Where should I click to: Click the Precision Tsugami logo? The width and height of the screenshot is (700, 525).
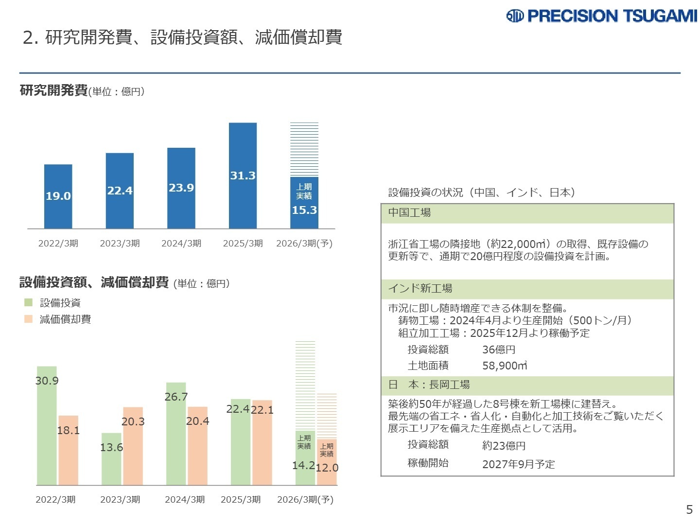pyautogui.click(x=601, y=16)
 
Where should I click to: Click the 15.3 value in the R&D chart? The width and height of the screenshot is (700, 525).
pyautogui.click(x=304, y=210)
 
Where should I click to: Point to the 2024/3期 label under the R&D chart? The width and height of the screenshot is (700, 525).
pyautogui.click(x=181, y=244)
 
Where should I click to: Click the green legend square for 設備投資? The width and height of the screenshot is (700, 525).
pyautogui.click(x=29, y=303)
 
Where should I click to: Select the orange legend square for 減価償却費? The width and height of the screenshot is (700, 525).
pyautogui.click(x=29, y=319)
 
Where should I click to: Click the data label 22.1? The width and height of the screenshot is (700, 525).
pyautogui.click(x=262, y=410)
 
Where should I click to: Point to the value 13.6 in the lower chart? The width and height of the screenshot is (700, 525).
pyautogui.click(x=111, y=447)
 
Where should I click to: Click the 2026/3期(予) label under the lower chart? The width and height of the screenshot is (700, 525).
pyautogui.click(x=305, y=500)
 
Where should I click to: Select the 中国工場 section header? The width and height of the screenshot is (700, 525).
pyautogui.click(x=409, y=213)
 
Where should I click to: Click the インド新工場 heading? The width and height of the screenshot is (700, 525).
pyautogui.click(x=420, y=289)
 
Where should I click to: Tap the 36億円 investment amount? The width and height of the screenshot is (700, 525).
pyautogui.click(x=499, y=350)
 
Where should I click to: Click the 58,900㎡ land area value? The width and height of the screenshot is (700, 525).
pyautogui.click(x=505, y=366)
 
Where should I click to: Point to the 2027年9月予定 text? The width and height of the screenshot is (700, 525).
pyautogui.click(x=518, y=464)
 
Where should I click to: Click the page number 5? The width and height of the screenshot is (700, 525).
pyautogui.click(x=689, y=509)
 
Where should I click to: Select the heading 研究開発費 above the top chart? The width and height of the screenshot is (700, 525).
pyautogui.click(x=53, y=90)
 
